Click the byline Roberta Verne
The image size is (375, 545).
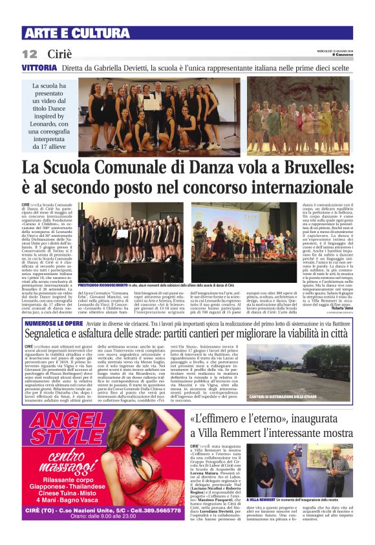(341, 290)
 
